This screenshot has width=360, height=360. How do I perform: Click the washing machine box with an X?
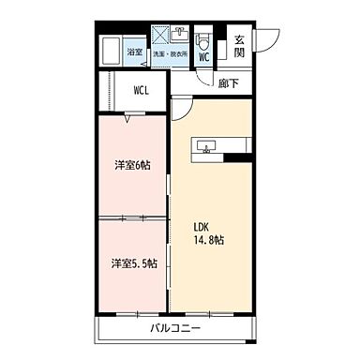[x=161, y=36]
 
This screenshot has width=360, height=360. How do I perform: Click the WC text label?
[x=204, y=56]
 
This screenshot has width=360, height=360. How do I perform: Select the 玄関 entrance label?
[x=240, y=46]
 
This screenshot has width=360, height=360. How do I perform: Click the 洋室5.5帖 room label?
[x=131, y=262]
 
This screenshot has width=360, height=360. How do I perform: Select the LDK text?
[x=202, y=226]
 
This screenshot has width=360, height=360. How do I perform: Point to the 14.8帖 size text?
[x=209, y=241]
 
